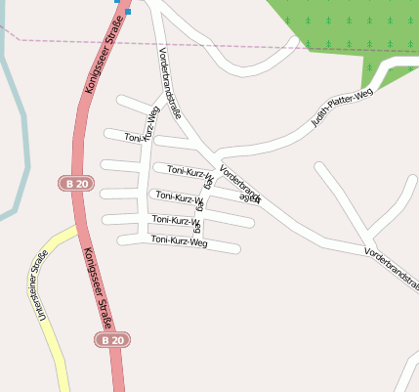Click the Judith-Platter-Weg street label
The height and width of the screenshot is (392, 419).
point(342,109)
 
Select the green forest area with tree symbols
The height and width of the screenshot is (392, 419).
point(342,29)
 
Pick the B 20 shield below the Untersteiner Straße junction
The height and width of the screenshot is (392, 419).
point(111,339)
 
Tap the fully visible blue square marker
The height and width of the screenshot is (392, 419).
point(127,12)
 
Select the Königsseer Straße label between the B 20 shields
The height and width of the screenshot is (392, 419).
point(98,290)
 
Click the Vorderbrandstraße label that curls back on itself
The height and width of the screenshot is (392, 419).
point(239,184)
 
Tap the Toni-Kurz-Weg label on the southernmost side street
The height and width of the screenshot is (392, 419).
point(179,240)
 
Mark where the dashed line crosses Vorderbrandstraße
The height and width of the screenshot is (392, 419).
point(160,40)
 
